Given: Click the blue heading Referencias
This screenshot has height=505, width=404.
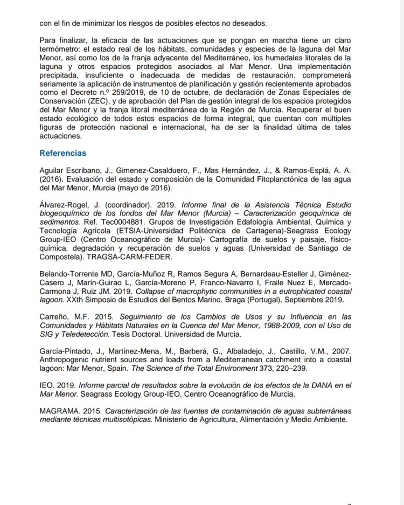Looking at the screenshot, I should pyautogui.click(x=63, y=153).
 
